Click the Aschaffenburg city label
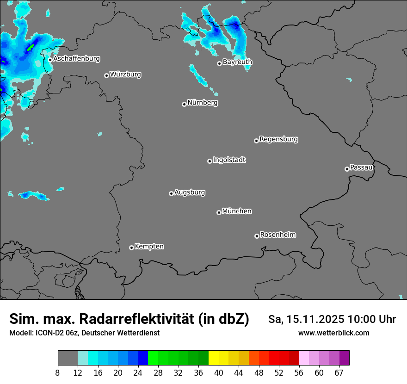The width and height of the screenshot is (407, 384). click(76, 59)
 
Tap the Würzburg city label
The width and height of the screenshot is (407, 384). click(125, 74)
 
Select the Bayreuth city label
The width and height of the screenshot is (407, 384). click(237, 62)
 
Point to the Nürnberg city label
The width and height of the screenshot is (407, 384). click(202, 103)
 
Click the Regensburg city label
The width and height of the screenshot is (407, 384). click(278, 139)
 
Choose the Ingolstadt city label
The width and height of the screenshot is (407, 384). click(229, 160)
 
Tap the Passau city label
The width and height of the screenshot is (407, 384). click(361, 167)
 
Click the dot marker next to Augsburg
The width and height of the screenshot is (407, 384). click(171, 193)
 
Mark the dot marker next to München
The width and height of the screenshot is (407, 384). click(219, 213)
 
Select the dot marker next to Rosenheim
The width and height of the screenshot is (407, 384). click(257, 236)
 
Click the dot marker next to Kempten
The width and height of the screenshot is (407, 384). click(131, 248)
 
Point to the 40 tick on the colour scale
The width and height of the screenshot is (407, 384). click(219, 372)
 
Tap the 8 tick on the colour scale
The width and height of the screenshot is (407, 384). click(58, 372)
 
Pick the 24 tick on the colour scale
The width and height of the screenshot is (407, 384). click(138, 372)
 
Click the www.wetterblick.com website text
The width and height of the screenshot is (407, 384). click(333, 333)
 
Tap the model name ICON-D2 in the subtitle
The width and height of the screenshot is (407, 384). click(48, 333)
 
